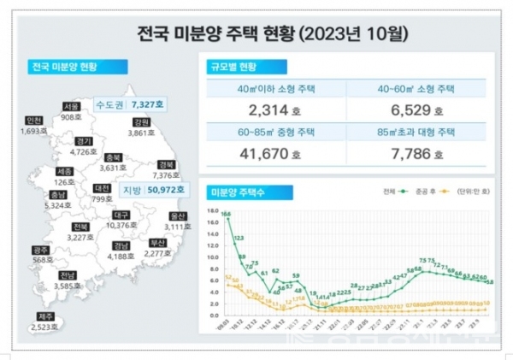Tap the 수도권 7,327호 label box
click(125, 103)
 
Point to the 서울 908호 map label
click(72, 111)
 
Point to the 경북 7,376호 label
click(166, 170)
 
